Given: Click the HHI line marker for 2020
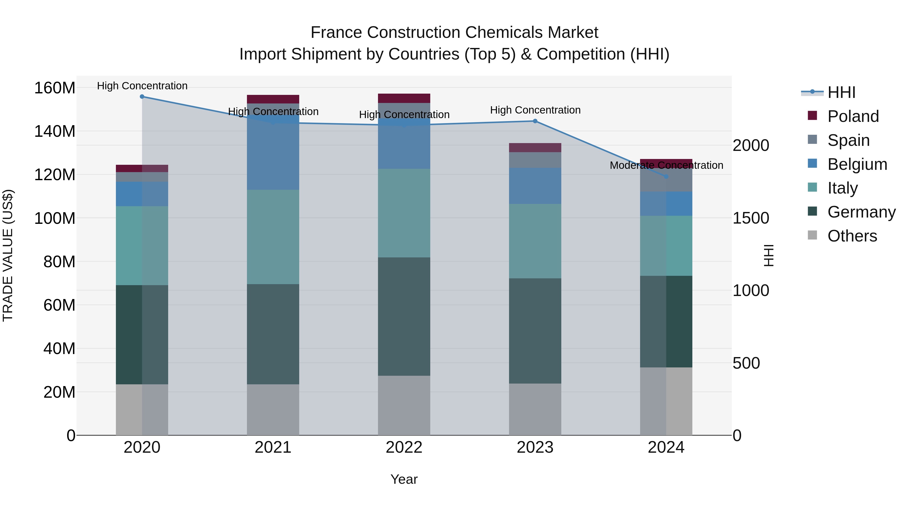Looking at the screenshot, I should click(x=142, y=96).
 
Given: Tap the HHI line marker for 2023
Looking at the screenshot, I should click(x=535, y=121).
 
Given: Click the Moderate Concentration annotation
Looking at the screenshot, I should click(x=666, y=165).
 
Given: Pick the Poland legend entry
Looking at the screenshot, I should click(x=853, y=116).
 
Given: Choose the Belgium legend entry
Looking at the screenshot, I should click(x=857, y=164).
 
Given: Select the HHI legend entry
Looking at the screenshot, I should click(x=841, y=92).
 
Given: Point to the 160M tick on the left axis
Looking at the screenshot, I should click(x=55, y=88).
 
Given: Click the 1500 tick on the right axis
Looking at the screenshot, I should click(x=751, y=218).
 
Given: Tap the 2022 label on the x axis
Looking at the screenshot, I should click(x=404, y=447).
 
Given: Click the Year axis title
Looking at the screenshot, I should click(x=404, y=479).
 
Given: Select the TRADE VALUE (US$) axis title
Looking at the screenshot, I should click(x=8, y=255).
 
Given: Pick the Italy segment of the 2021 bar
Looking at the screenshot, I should click(x=273, y=237).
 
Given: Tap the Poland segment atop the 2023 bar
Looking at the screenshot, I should click(x=535, y=147).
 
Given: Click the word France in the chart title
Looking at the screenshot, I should click(x=336, y=33).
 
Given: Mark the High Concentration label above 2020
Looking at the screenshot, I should click(x=142, y=86).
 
